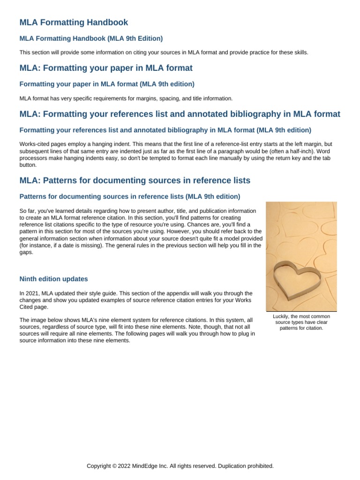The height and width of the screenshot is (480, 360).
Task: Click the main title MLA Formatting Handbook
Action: [74, 22]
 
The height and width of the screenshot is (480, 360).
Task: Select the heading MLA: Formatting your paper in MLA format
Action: [106, 68]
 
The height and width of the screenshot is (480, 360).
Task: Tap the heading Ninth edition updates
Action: [53, 279]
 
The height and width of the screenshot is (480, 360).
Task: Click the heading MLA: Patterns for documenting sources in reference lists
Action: [135, 180]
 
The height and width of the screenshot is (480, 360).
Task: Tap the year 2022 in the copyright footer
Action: [121, 466]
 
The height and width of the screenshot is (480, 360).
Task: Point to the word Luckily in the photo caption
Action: [282, 316]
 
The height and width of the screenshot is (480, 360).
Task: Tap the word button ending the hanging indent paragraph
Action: [27, 165]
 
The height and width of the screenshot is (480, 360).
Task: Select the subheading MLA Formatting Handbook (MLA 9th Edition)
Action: [91, 38]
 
